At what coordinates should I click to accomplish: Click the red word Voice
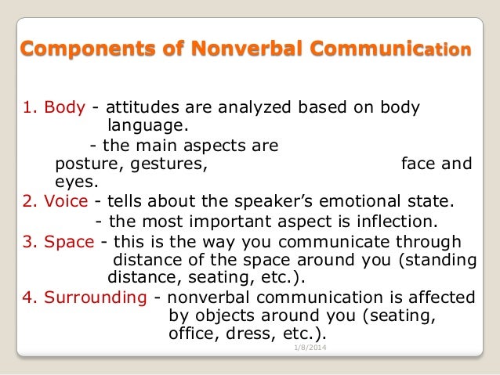65,201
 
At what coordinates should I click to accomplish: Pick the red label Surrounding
96,297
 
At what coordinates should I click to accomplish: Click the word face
416,164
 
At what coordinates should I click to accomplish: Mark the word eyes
76,182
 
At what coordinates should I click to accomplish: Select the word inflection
395,221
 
